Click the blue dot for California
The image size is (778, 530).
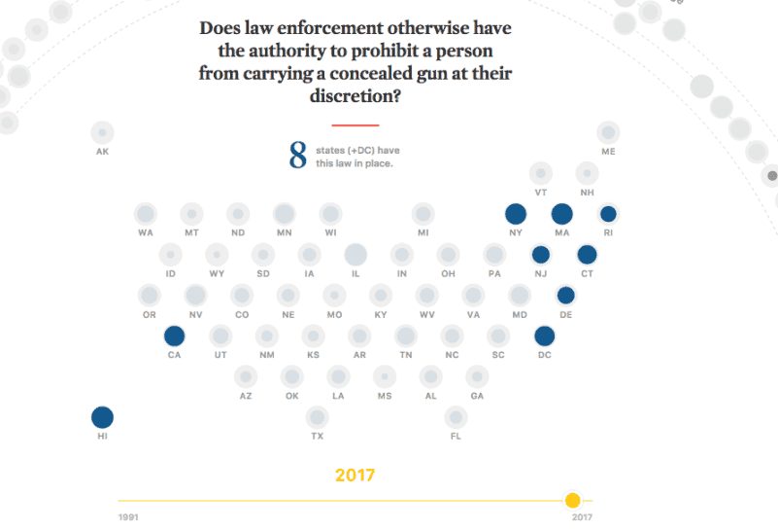175,336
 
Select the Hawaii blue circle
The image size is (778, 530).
102,418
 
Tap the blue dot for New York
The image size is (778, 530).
516,214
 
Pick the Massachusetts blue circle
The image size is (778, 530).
562,214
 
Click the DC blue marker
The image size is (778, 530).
545,336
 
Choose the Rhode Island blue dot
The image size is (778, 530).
608,214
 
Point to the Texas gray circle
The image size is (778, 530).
317,418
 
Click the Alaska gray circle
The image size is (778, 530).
102,132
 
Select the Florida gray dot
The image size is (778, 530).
456,418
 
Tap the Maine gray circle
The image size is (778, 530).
608,132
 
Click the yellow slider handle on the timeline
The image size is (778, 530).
573,500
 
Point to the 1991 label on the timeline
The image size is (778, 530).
127,517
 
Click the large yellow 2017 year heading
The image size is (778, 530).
355,476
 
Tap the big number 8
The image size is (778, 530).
297,155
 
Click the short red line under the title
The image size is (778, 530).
355,125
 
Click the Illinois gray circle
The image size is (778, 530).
355,255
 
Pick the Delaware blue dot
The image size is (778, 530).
565,296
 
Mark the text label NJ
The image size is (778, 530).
540,274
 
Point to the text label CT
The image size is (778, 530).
587,274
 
